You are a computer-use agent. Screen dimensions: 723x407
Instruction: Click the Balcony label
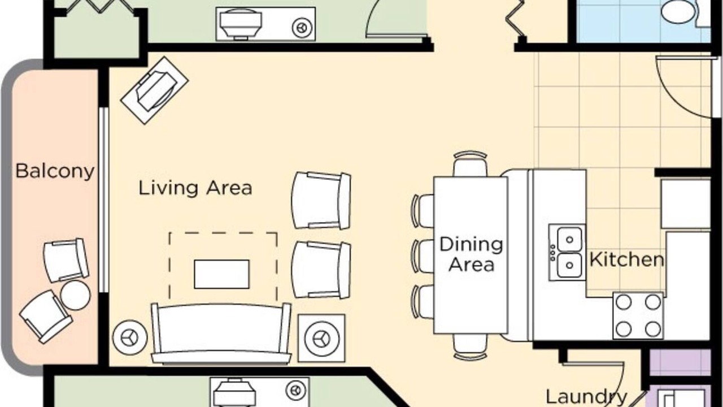pyautogui.click(x=55, y=171)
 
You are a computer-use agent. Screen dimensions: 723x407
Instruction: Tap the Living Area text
pyautogui.click(x=195, y=188)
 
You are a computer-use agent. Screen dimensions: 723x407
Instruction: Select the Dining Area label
pyautogui.click(x=471, y=254)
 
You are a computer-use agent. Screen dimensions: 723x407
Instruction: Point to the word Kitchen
pyautogui.click(x=627, y=259)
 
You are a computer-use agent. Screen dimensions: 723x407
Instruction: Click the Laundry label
pyautogui.click(x=586, y=397)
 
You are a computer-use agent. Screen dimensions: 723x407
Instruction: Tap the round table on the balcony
pyautogui.click(x=76, y=295)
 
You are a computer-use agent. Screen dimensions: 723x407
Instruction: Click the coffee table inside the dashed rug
pyautogui.click(x=222, y=274)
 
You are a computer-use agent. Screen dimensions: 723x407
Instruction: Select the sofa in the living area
pyautogui.click(x=221, y=334)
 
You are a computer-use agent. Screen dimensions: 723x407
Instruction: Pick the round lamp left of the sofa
pyautogui.click(x=130, y=337)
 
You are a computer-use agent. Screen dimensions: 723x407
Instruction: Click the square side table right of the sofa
pyautogui.click(x=321, y=338)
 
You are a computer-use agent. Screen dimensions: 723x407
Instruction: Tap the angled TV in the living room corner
pyautogui.click(x=155, y=90)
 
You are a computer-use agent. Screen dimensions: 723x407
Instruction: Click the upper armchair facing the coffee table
pyautogui.click(x=321, y=201)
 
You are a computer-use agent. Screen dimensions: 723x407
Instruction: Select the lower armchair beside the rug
pyautogui.click(x=321, y=270)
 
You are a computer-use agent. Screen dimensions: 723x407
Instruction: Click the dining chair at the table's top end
pyautogui.click(x=471, y=164)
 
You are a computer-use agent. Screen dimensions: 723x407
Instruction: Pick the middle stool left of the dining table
pyautogui.click(x=423, y=256)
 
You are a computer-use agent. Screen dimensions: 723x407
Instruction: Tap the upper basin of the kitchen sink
pyautogui.click(x=570, y=239)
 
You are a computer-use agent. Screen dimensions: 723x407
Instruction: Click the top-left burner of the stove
pyautogui.click(x=624, y=302)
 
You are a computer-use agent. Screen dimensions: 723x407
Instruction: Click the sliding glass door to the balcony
pyautogui.click(x=103, y=200)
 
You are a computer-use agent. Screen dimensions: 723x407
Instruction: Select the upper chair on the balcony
pyautogui.click(x=66, y=261)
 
